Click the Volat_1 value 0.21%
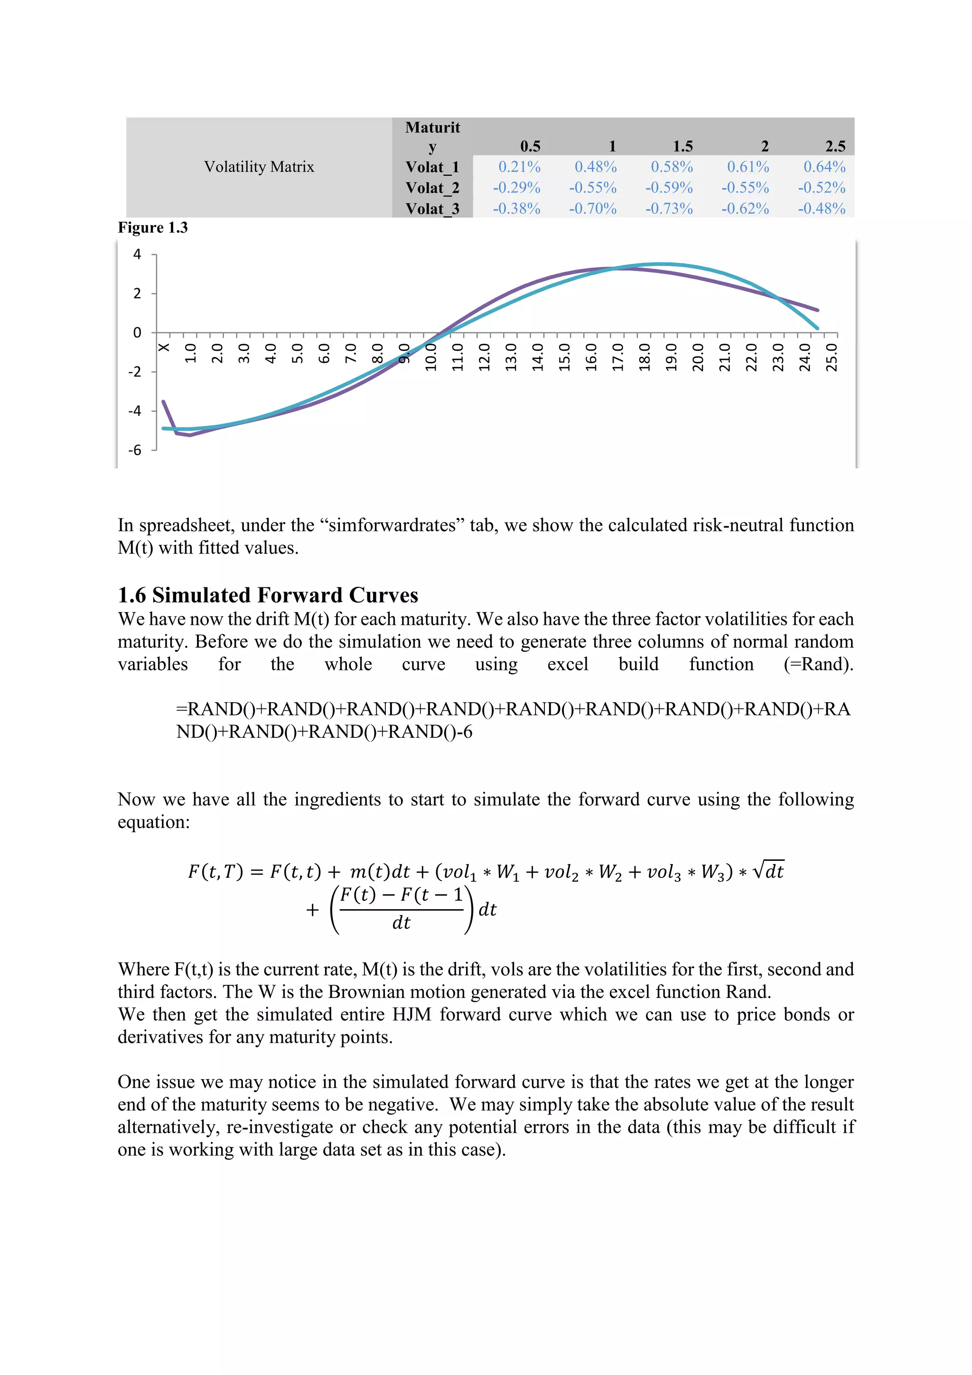519,167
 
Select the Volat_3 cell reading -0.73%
669,208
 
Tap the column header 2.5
835,146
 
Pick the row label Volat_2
432,188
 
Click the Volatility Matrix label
259,167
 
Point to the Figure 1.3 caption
153,227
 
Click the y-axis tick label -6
135,450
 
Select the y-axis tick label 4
137,254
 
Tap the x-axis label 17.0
617,357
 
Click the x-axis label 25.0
832,357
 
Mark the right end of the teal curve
817,328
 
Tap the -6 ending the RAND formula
464,732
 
